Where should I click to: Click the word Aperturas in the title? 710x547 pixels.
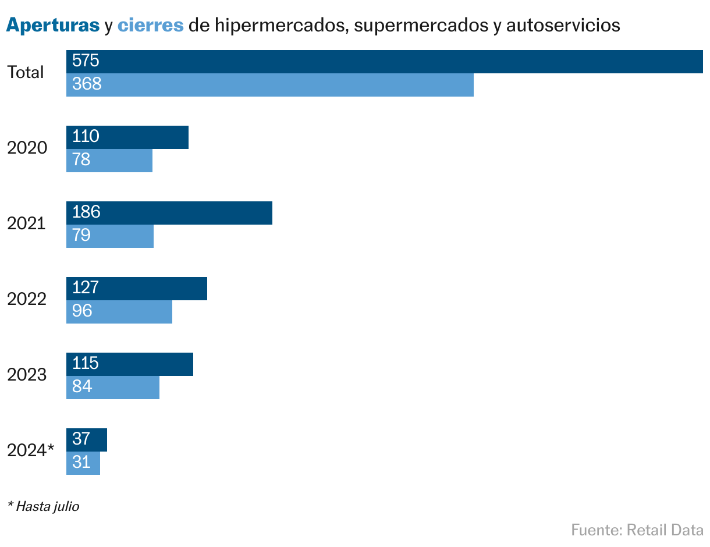[53, 26]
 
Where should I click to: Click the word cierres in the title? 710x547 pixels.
[151, 26]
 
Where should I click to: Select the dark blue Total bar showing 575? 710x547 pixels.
[384, 62]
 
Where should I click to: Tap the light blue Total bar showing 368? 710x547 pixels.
[270, 85]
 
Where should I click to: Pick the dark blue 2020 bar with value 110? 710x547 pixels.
[127, 137]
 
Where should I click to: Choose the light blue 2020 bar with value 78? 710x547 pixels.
[109, 161]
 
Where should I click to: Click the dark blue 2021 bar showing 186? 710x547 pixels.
[169, 213]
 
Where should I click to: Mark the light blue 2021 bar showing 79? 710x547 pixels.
[110, 236]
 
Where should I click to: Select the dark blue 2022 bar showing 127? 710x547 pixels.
[137, 289]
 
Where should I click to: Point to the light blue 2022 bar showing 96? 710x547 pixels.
[119, 312]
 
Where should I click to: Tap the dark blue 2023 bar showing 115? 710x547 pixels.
[130, 364]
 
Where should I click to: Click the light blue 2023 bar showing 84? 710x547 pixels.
[113, 388]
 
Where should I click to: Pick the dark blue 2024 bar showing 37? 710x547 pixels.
[87, 440]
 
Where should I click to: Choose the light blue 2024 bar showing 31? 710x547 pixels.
[83, 463]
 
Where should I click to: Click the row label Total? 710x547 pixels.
[26, 73]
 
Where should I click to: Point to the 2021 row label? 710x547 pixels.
[27, 223]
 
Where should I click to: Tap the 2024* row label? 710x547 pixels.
[31, 450]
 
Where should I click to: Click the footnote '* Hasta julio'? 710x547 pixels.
[44, 506]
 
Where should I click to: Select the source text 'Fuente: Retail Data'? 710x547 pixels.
[637, 530]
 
